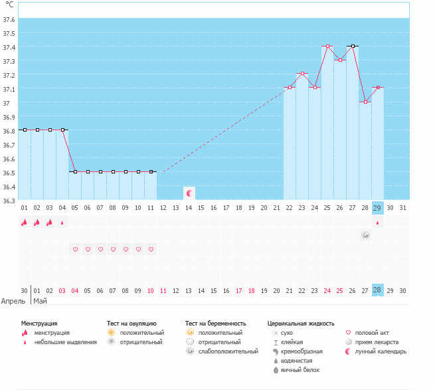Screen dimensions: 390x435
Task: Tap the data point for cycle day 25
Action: tap(327, 47)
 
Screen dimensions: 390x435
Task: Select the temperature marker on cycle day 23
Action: tap(302, 74)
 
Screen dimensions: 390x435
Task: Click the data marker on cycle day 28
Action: tap(365, 102)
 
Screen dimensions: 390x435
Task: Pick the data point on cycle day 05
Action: tap(75, 172)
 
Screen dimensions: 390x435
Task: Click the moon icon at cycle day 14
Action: tap(189, 193)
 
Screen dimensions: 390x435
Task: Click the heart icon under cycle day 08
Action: tap(113, 249)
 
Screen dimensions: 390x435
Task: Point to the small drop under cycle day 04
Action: tap(62, 223)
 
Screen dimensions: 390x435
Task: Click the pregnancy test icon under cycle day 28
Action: tap(365, 235)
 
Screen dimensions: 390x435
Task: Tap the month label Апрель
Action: tap(14, 300)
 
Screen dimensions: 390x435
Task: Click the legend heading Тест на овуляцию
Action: tap(131, 323)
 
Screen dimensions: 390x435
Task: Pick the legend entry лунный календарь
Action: tap(381, 351)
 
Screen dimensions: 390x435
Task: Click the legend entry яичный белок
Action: tap(301, 369)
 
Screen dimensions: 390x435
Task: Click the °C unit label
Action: tap(9, 5)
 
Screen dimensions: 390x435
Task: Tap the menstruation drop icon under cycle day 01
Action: tap(24, 223)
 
